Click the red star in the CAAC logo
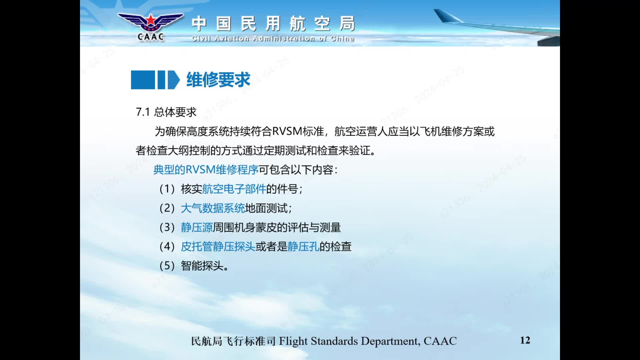click(x=151, y=20)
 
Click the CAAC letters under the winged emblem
click(x=151, y=37)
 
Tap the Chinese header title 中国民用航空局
click(x=273, y=24)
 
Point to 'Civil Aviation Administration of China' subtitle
click(x=273, y=39)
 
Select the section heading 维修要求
click(x=218, y=80)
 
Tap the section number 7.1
click(x=143, y=112)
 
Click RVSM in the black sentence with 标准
click(x=287, y=131)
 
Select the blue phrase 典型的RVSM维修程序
click(x=206, y=170)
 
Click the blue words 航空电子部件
click(x=234, y=189)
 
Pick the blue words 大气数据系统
click(x=213, y=208)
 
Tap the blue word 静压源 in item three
click(x=197, y=227)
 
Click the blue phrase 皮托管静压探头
click(x=218, y=247)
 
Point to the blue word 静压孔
click(x=303, y=247)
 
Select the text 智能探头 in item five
click(x=202, y=266)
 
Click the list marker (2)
click(x=167, y=208)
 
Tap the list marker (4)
click(x=167, y=247)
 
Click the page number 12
click(x=525, y=340)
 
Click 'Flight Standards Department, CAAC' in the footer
click(x=368, y=341)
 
